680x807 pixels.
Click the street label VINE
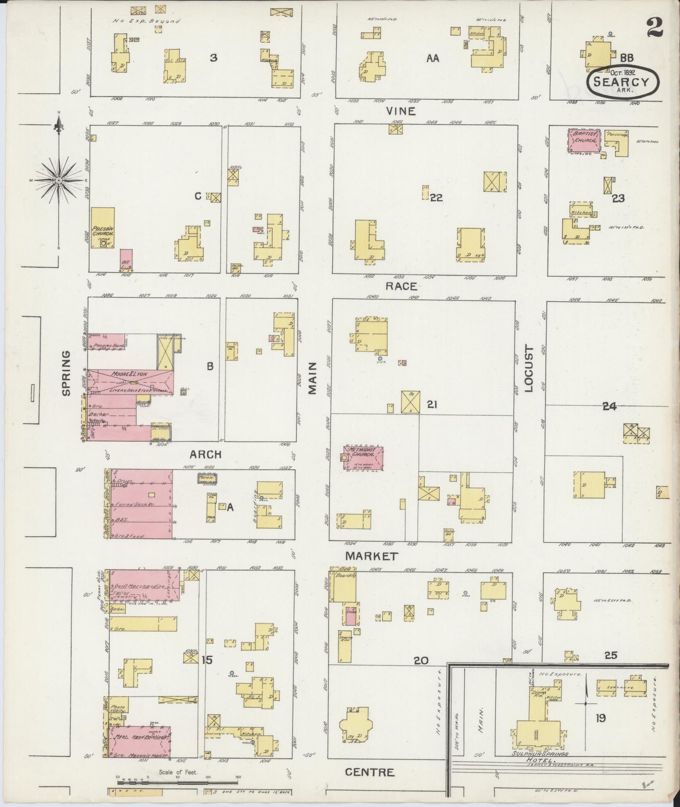[x=401, y=111]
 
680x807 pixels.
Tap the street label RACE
[x=401, y=286]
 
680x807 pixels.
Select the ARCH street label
[x=205, y=454]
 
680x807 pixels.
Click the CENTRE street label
[x=369, y=772]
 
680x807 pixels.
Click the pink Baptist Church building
[x=585, y=141]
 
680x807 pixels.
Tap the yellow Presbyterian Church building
[x=103, y=228]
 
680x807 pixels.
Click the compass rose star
[x=58, y=180]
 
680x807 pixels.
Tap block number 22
[x=436, y=198]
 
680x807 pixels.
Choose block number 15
[x=207, y=660]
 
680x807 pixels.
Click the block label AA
[x=432, y=58]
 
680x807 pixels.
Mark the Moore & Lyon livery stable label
[x=129, y=374]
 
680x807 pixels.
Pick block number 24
[x=609, y=406]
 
